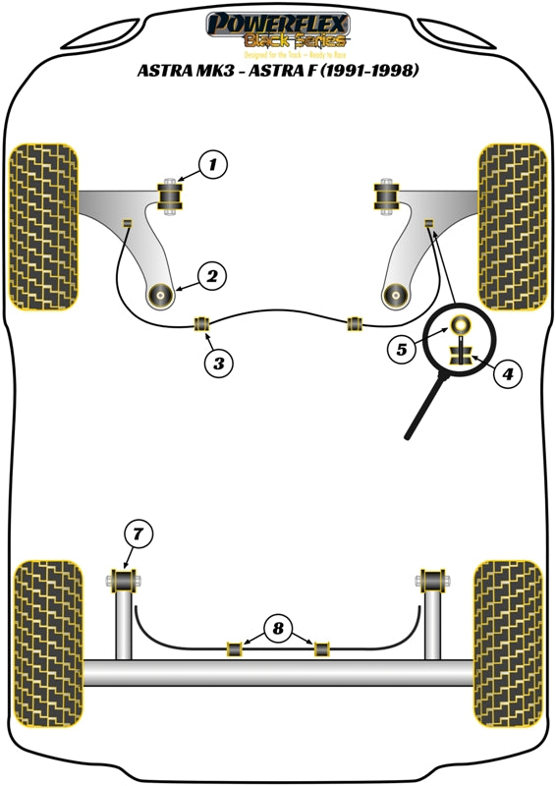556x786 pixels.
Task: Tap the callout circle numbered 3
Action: coord(219,363)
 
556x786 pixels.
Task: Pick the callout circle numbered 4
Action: coord(509,373)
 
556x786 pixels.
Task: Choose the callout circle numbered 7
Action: coord(139,534)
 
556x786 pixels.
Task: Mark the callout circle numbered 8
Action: coord(279,627)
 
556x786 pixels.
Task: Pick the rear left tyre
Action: coord(48,645)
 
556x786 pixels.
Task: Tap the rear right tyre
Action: coord(508,645)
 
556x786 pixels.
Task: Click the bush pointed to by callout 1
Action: coord(173,196)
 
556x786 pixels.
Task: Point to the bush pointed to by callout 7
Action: coord(125,580)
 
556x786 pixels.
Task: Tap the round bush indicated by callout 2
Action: coord(160,294)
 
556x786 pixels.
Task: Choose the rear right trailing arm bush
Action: coord(431,580)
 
